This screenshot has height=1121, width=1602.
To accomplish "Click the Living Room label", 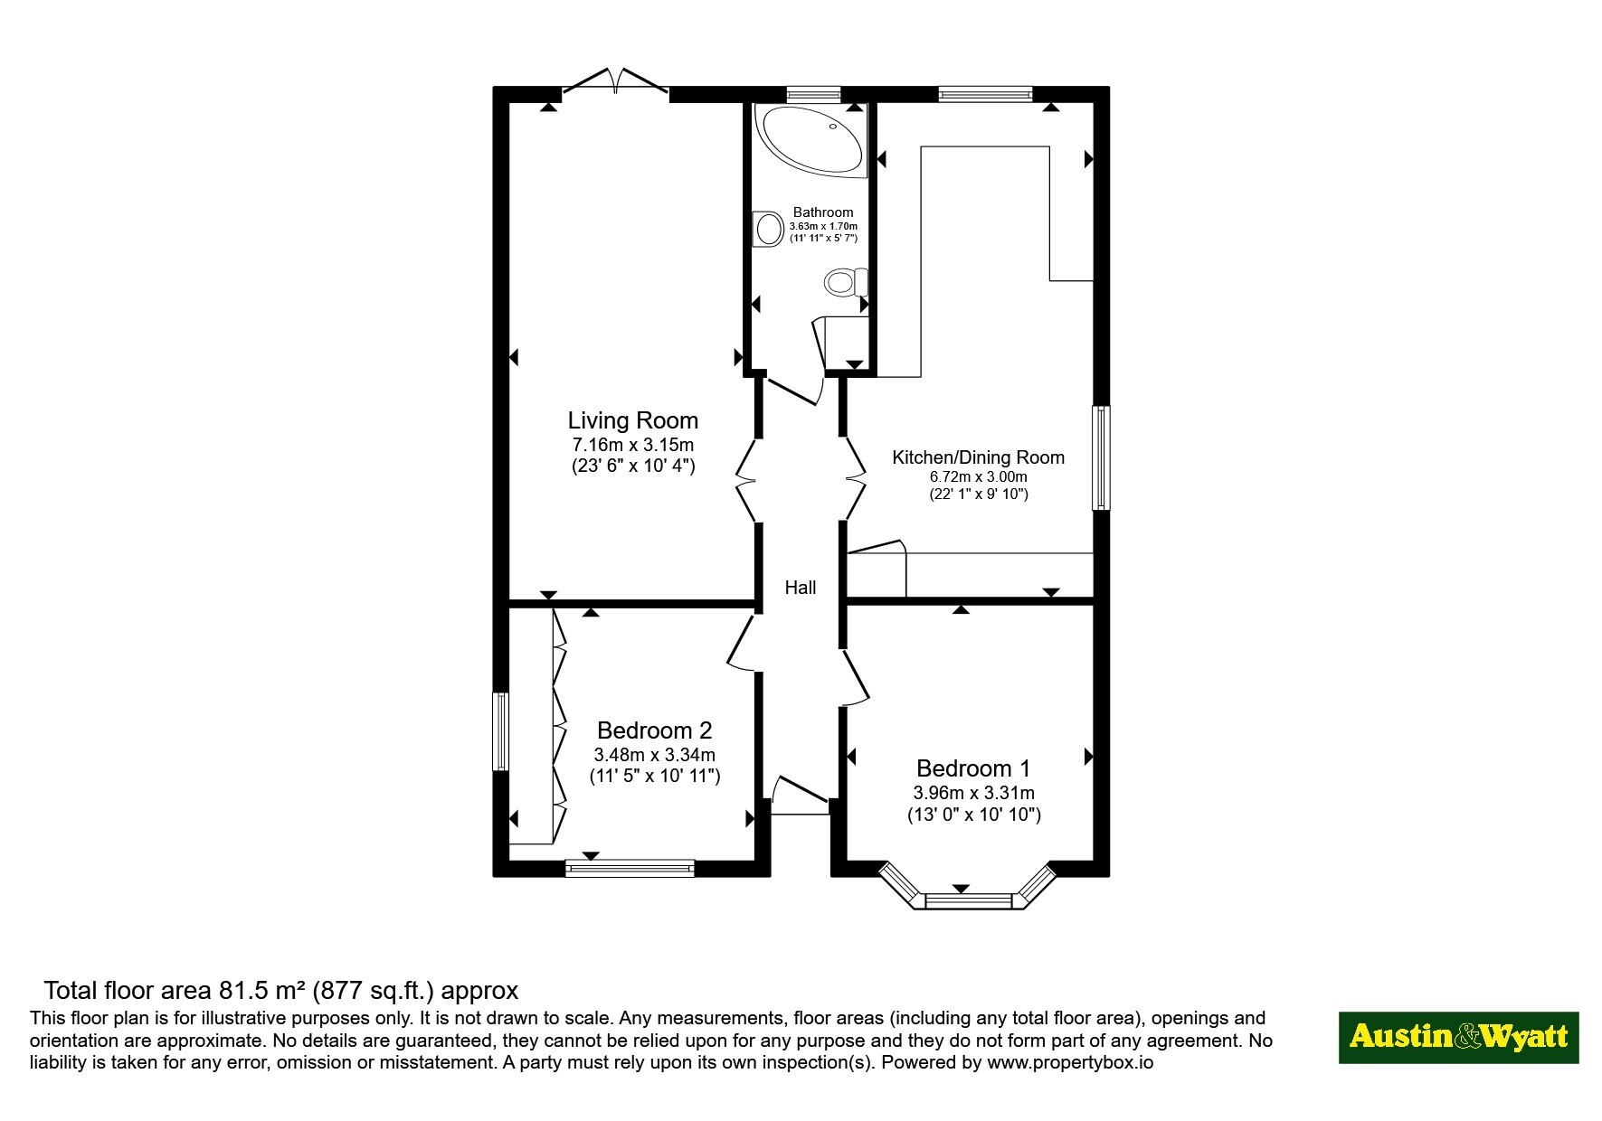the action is point(632,420).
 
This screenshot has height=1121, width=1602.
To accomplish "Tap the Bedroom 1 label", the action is point(973,768).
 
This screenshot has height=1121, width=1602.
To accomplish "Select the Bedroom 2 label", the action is point(654,730).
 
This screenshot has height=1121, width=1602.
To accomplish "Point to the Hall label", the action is point(801,588).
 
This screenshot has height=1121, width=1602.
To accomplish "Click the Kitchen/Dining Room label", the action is point(978,457).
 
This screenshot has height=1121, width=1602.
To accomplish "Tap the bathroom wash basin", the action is point(768,229).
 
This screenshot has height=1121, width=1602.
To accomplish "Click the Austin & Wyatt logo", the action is point(1458,1037).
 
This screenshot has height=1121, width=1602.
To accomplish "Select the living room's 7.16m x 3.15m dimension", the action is point(632,445).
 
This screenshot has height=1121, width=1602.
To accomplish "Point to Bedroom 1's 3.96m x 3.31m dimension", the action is point(973,793).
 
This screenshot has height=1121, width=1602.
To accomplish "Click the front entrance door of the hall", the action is point(801,792).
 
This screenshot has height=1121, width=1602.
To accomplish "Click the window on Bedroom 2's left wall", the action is point(500,731).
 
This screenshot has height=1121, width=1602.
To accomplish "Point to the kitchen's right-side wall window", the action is point(1101,457).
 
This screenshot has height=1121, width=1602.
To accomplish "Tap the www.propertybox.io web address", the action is point(1070,1063).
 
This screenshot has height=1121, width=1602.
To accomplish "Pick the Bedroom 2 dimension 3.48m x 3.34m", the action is point(654,754).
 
